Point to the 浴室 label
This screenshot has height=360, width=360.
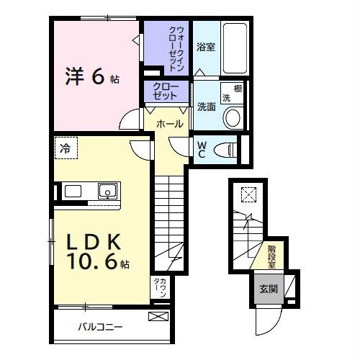pos(206,48)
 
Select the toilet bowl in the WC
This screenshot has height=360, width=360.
pos(226,150)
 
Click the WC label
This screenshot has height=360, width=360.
pos(202,149)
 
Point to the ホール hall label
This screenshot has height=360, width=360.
pos(168,124)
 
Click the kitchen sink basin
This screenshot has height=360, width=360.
pos(108,192)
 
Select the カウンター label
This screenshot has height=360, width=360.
pos(160,289)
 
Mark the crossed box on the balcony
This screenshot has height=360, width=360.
pos(158,316)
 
